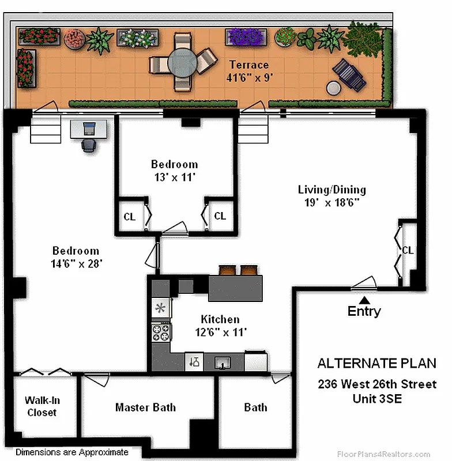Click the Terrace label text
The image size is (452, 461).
point(249,64)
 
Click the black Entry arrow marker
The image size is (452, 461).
point(364,299)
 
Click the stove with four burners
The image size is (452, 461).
point(160,332)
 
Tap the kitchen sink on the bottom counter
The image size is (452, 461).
point(222,362)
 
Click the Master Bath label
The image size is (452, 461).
point(145,407)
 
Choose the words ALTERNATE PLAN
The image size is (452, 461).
point(377,364)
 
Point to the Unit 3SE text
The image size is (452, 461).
point(377,398)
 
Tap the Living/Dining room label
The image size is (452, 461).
point(332,190)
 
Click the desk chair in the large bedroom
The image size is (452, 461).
point(88,145)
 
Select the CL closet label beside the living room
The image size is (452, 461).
point(408,250)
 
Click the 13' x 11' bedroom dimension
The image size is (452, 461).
point(174,177)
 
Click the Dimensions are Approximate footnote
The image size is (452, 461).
point(72,452)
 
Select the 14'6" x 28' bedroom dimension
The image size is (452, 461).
point(76,263)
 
